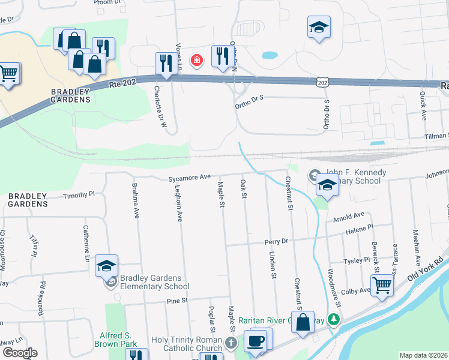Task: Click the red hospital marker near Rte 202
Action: [x=196, y=60]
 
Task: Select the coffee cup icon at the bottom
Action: [x=255, y=341]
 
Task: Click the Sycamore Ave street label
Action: [x=189, y=178]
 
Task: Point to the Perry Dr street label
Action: [x=277, y=241]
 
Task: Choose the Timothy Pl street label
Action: [x=79, y=195]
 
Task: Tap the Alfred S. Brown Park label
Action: [x=121, y=340]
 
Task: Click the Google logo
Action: [x=19, y=353]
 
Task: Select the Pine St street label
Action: [x=178, y=300]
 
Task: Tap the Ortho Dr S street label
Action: [x=250, y=106]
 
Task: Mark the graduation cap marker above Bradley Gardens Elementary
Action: [x=106, y=266]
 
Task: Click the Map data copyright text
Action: [x=423, y=355]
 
